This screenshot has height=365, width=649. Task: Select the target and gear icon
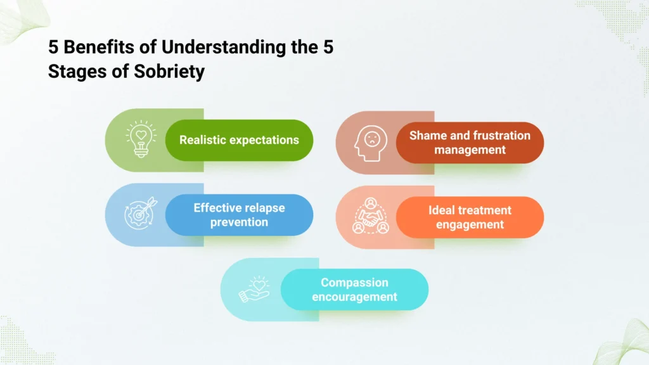tap(139, 213)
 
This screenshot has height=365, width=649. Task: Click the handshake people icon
tap(371, 216)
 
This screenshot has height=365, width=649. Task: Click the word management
tap(470, 150)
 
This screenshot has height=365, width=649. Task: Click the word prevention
tap(240, 222)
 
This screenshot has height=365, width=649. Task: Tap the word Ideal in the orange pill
tap(442, 210)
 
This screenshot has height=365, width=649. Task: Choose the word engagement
tap(470, 225)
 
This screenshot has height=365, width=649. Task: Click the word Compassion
tap(354, 283)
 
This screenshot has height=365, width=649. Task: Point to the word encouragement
tap(354, 297)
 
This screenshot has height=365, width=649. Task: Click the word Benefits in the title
tap(91, 48)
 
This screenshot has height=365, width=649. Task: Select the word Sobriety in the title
tap(170, 72)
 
